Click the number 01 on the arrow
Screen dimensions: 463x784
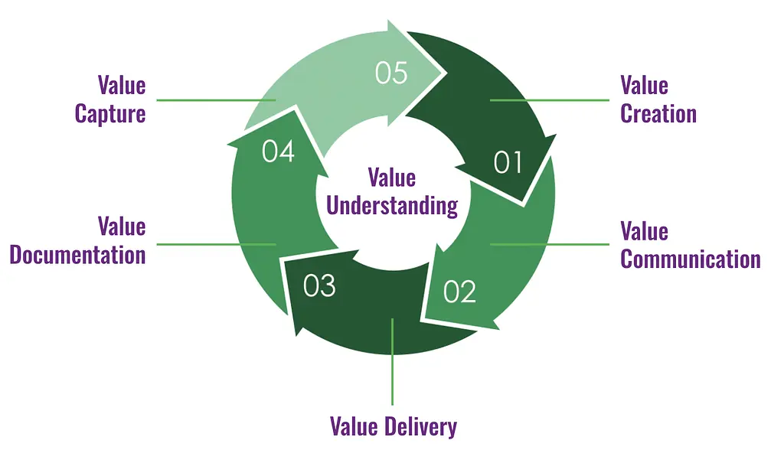pyautogui.click(x=508, y=163)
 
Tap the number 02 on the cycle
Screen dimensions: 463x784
pyautogui.click(x=459, y=292)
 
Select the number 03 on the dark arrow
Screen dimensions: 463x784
pyautogui.click(x=319, y=285)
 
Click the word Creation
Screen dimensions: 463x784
pyautogui.click(x=658, y=114)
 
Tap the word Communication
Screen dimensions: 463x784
pyautogui.click(x=690, y=259)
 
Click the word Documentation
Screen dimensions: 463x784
pyautogui.click(x=77, y=254)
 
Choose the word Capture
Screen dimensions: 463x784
pyautogui.click(x=110, y=114)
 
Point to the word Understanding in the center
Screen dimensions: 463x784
pyautogui.click(x=392, y=205)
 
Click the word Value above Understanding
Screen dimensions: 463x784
pyautogui.click(x=392, y=178)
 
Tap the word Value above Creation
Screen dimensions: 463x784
pyautogui.click(x=644, y=85)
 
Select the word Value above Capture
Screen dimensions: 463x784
pyautogui.click(x=122, y=85)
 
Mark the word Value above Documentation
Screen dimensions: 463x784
pyautogui.click(x=122, y=226)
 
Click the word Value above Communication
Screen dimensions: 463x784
pyautogui.click(x=644, y=230)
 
